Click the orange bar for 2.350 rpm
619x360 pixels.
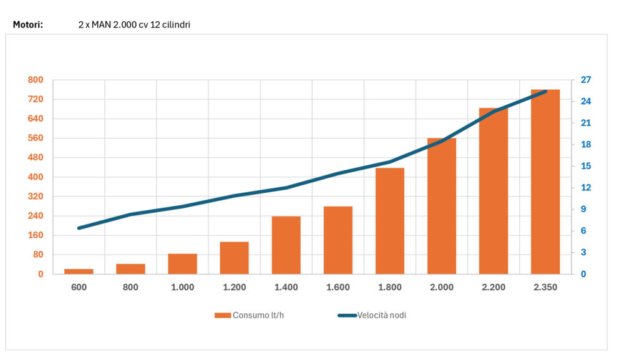pyautogui.click(x=545, y=182)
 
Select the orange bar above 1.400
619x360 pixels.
pyautogui.click(x=286, y=245)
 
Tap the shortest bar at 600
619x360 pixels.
pyautogui.click(x=79, y=271)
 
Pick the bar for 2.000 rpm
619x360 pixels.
pyautogui.click(x=441, y=206)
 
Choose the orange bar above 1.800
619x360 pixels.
pyautogui.click(x=389, y=220)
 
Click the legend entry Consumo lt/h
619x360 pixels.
pyautogui.click(x=249, y=315)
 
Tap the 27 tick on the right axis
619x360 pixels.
pyautogui.click(x=586, y=80)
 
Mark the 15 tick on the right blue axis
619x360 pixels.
pyautogui.click(x=586, y=166)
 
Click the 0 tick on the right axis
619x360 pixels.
pyautogui.click(x=583, y=274)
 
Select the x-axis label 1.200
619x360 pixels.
pyautogui.click(x=234, y=288)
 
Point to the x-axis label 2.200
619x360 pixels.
pyautogui.click(x=493, y=288)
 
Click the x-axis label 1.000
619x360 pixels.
pyautogui.click(x=182, y=288)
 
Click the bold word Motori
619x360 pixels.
pyautogui.click(x=27, y=25)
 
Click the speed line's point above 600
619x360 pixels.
pyautogui.click(x=79, y=228)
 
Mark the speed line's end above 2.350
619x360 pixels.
pyautogui.click(x=545, y=92)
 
